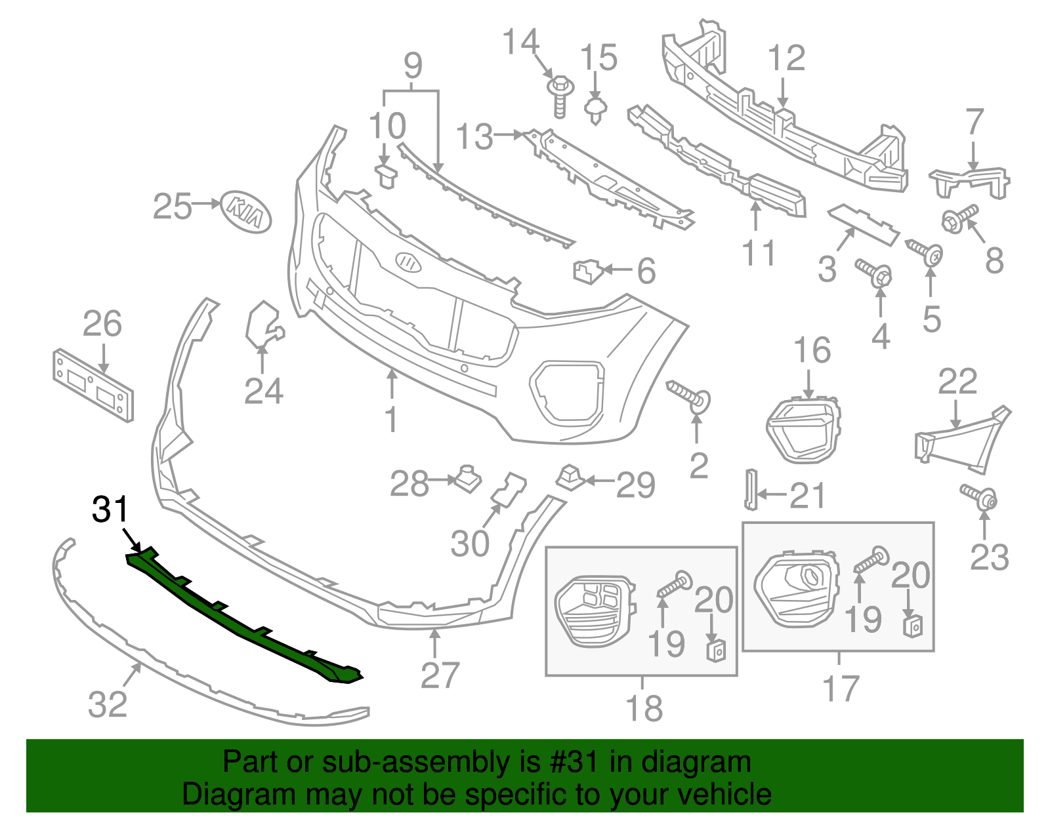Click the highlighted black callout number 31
click(x=110, y=509)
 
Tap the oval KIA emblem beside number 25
click(x=245, y=211)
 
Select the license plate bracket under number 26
click(x=93, y=385)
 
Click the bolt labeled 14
click(x=560, y=96)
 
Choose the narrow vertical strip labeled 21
click(x=749, y=489)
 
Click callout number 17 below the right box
click(x=841, y=688)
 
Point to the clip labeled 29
click(x=570, y=477)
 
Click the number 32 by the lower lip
click(x=108, y=704)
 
